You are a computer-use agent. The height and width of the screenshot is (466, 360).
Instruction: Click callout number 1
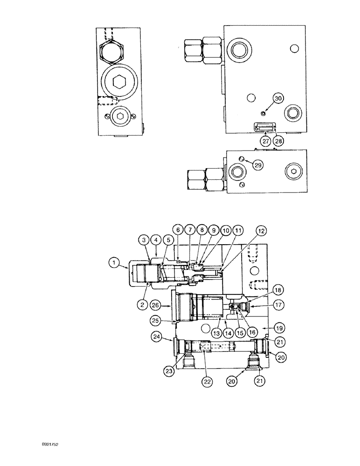(113, 263)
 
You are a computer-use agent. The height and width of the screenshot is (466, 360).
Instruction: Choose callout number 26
(157, 306)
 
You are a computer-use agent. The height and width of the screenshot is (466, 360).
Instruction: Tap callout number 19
(278, 328)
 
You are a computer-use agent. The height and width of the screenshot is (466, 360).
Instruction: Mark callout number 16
(252, 332)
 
